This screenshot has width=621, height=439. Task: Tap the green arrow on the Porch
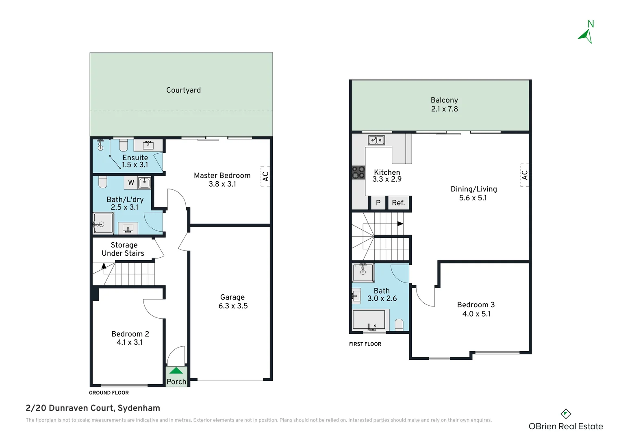click(176, 371)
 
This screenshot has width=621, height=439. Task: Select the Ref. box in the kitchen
click(398, 203)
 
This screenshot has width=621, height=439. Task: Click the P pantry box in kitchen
click(378, 203)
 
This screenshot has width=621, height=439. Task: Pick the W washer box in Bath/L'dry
click(131, 183)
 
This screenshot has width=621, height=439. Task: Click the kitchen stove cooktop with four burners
click(358, 172)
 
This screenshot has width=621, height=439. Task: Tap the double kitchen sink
click(376, 140)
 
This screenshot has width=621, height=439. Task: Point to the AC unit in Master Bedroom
click(265, 176)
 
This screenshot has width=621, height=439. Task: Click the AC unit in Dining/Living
click(525, 175)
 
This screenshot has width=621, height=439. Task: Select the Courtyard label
click(183, 90)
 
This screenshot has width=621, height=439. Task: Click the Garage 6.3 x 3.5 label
click(233, 302)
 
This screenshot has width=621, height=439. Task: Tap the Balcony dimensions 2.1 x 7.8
click(444, 109)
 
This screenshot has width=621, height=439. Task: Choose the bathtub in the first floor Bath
click(369, 319)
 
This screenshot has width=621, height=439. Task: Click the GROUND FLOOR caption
click(109, 393)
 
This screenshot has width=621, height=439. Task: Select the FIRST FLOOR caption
click(365, 344)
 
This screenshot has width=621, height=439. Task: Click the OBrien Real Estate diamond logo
click(566, 414)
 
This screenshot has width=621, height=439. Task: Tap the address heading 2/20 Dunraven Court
click(93, 408)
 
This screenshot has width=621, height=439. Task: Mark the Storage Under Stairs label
click(123, 249)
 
